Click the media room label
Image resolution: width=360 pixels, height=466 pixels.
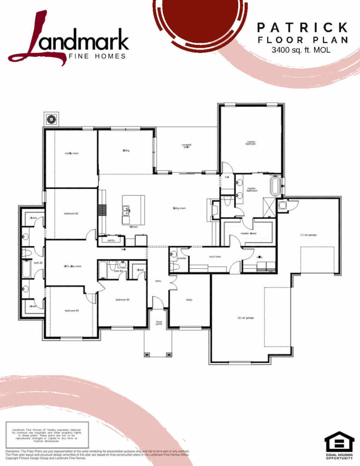72,153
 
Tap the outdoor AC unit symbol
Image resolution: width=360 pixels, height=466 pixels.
50,119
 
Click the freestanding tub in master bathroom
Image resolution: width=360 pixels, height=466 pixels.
274,186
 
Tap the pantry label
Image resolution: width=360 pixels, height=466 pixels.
111,240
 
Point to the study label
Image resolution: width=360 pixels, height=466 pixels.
189,300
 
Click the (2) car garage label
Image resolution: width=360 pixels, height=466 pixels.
245,318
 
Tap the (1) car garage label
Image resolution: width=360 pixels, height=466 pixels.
308,234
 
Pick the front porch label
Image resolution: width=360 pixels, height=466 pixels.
159,323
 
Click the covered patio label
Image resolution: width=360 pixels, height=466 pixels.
187,146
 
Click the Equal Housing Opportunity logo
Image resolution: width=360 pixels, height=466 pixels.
339,446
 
